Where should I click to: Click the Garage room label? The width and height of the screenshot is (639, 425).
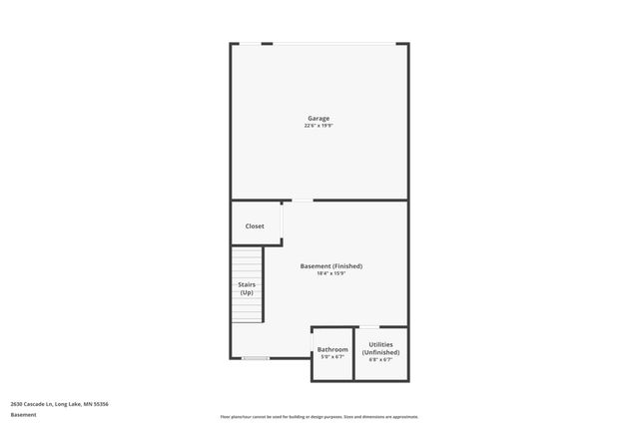tap(319, 119)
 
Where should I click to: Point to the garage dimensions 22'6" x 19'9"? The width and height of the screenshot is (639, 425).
tap(319, 126)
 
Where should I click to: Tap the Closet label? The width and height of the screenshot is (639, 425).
tap(255, 226)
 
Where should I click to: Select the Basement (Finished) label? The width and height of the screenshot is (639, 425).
tap(330, 266)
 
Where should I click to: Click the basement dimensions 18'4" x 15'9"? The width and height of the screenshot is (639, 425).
tap(330, 273)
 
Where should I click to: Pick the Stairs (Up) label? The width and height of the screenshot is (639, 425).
tap(246, 288)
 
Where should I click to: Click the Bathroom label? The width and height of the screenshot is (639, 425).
tap(332, 349)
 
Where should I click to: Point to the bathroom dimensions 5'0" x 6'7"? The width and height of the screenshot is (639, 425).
tap(332, 356)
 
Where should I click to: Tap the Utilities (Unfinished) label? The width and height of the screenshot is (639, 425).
tap(380, 348)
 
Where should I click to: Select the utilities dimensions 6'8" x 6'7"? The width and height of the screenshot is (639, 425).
tap(380, 359)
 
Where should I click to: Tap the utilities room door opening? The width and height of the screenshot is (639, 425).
tap(369, 327)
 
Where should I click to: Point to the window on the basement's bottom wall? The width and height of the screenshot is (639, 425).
tap(256, 358)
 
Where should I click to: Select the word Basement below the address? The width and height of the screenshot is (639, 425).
tap(23, 414)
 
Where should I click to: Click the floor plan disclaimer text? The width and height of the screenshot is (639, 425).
tap(319, 417)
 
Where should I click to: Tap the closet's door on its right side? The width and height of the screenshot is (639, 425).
tap(283, 220)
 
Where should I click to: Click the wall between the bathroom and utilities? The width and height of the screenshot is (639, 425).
tap(354, 354)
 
